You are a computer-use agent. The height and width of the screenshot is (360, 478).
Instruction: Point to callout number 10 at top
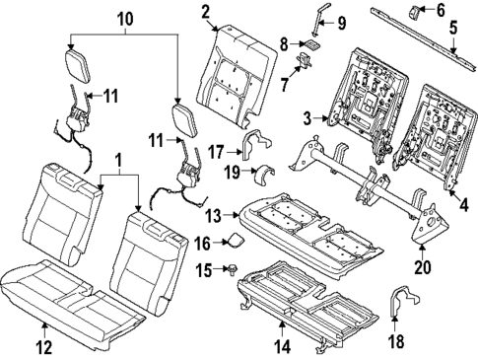(x=124, y=19)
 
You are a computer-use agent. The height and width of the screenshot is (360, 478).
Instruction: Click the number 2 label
(x=205, y=12)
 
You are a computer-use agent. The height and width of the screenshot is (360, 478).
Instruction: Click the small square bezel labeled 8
(x=311, y=44)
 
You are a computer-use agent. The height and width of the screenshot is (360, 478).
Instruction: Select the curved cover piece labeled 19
(x=263, y=176)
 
